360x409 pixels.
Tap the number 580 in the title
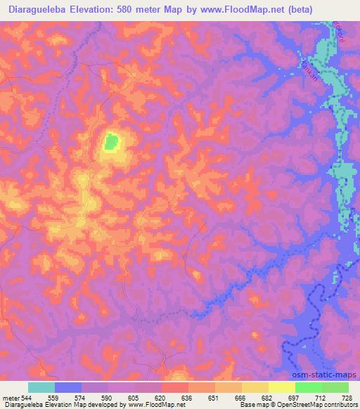tap(136, 9)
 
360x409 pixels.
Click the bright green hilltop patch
tap(110, 143)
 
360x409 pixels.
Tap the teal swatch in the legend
tap(41, 387)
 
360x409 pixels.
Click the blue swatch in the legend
tap(68, 387)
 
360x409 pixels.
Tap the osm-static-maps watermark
tap(330, 374)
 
